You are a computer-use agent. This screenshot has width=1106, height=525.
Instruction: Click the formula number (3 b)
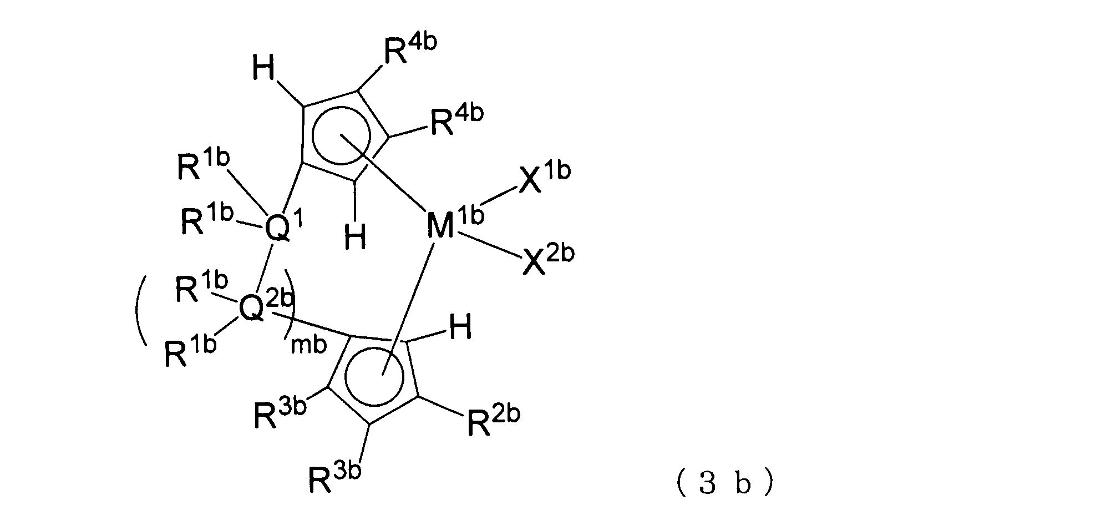724,484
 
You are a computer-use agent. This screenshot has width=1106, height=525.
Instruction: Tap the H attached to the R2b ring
460,328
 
